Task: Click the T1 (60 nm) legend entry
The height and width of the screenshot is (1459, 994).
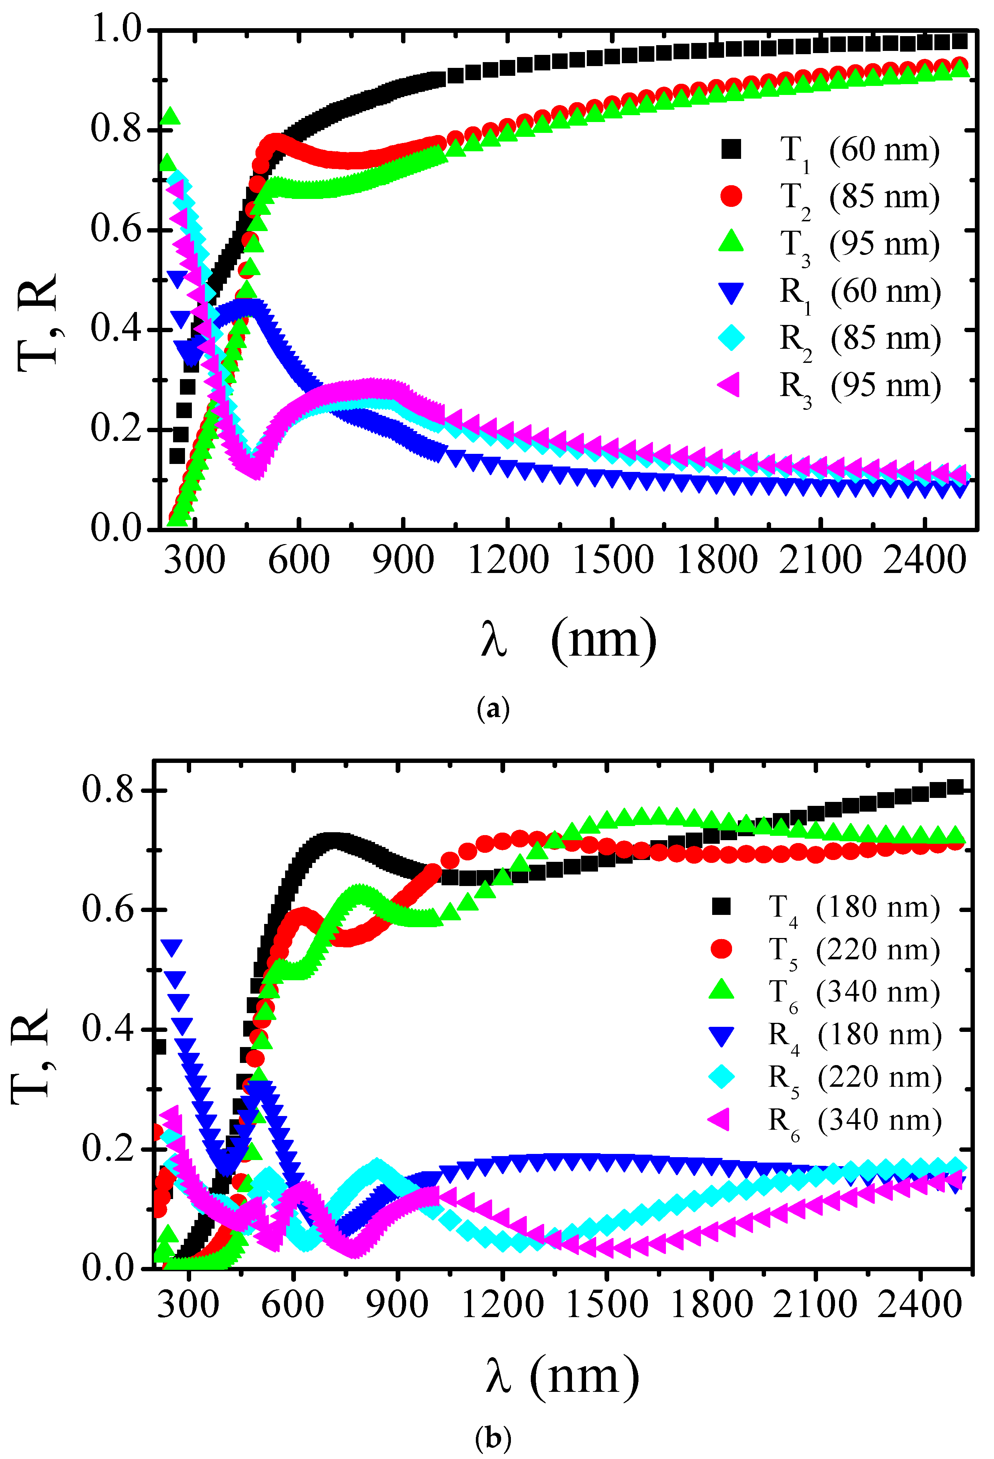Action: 829,151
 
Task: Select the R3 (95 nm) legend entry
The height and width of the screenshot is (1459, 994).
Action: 829,386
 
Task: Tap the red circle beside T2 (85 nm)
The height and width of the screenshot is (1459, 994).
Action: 731,196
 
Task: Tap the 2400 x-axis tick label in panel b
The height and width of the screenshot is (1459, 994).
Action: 919,1304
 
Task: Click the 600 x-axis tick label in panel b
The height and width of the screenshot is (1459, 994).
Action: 293,1304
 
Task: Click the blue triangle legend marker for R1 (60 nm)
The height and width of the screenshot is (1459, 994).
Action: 731,292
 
